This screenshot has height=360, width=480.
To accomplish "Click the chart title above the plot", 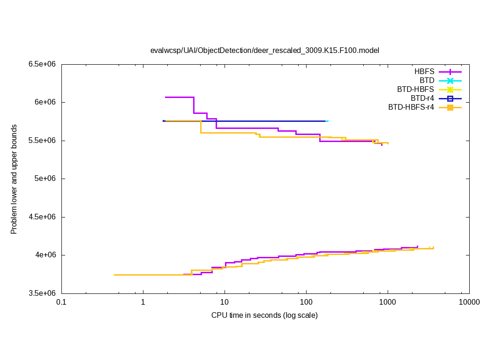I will coord(264,50).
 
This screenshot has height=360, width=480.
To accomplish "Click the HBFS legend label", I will coord(424,72).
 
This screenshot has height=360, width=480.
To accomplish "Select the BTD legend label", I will coord(427,81).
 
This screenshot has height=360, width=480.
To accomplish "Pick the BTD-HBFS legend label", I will coord(415,90).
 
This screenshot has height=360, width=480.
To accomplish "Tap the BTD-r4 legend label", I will coord(422,98).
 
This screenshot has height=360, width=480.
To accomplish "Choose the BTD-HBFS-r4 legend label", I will coord(411,107).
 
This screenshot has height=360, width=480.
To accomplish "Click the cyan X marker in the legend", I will coord(450,81).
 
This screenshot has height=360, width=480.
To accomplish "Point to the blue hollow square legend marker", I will coord(450,98).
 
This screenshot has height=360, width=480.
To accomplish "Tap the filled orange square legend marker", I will coord(450,107).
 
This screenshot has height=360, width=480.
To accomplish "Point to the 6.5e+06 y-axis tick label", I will coord(42,64).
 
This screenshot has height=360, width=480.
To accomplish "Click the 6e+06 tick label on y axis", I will coord(45,102).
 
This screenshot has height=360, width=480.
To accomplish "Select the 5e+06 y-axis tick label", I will coord(45,179).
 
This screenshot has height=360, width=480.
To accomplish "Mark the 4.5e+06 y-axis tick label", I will coord(42,217).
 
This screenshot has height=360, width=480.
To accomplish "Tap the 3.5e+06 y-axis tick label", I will coord(42,293).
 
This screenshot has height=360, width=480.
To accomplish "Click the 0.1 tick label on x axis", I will coord(61,302).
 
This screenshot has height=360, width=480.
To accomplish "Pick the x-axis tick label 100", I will coord(306,302).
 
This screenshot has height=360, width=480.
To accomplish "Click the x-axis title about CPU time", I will coord(264,315).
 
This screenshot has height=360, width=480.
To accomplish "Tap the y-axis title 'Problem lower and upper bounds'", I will coord(14,179).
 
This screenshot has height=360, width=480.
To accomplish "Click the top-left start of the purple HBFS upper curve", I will coord(165,97).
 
